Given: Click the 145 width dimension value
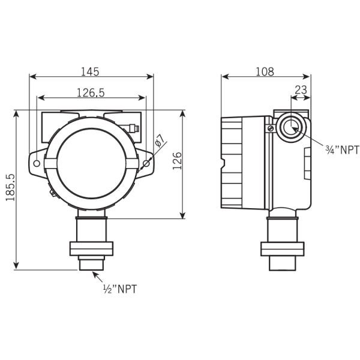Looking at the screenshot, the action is point(90,71).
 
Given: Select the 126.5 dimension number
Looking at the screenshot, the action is point(91,93).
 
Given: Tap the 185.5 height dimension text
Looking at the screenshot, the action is point(10,187).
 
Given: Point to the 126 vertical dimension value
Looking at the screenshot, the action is point(177,161).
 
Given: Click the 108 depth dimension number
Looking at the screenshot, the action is point(265,71).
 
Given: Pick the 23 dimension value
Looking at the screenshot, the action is point(301,90).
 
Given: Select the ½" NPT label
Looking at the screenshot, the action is point(120,289).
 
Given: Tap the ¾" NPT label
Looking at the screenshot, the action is point(342,150).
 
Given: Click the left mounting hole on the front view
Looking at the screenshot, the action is point(37,163).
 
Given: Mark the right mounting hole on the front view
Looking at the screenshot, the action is point(146,163).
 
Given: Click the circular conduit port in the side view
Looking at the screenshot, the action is point(291,127).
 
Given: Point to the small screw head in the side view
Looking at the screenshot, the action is point(271,128).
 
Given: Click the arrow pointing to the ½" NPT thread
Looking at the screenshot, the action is point(97,277).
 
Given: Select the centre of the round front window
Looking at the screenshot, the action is point(92,163).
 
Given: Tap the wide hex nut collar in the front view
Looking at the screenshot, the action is point(91,248).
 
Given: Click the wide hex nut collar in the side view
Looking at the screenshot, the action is point(283,249).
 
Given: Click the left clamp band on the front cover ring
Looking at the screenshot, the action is point(50,163).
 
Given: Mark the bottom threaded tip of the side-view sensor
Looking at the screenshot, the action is point(283,263).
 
